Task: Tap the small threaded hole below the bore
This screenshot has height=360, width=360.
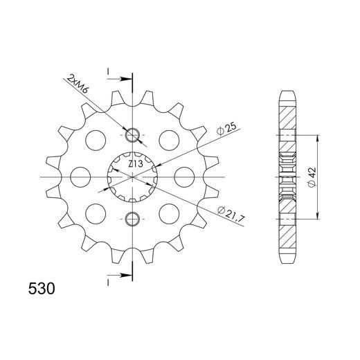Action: (133, 220)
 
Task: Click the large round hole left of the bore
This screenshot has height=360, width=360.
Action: (80, 177)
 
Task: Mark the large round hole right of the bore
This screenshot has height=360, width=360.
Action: (183, 177)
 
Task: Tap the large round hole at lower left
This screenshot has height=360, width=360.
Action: (95, 211)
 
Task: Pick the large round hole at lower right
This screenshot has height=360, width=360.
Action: (168, 211)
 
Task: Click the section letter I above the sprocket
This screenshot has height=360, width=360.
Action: (108, 71)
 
